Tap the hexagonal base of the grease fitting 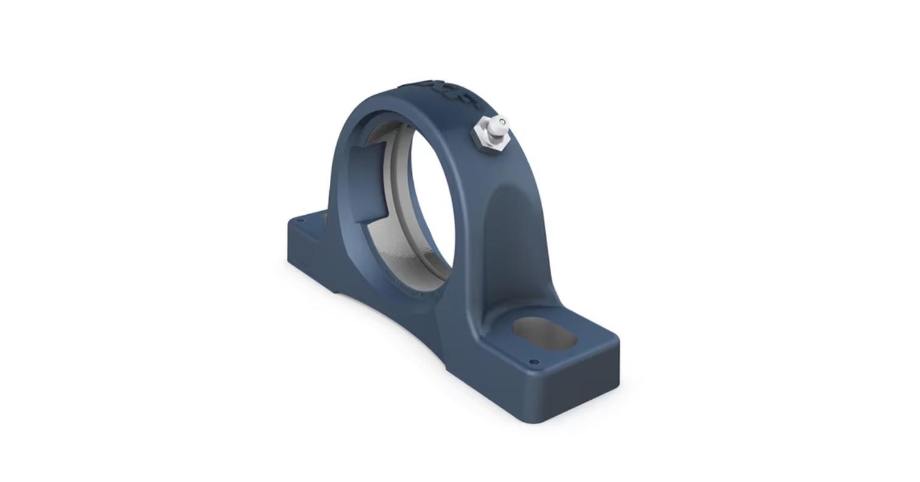pos(487,139)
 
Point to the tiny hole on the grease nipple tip pos(501,122)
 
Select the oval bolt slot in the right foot pos(543,333)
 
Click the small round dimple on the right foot pos(534,362)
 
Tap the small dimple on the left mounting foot pos(299,222)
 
